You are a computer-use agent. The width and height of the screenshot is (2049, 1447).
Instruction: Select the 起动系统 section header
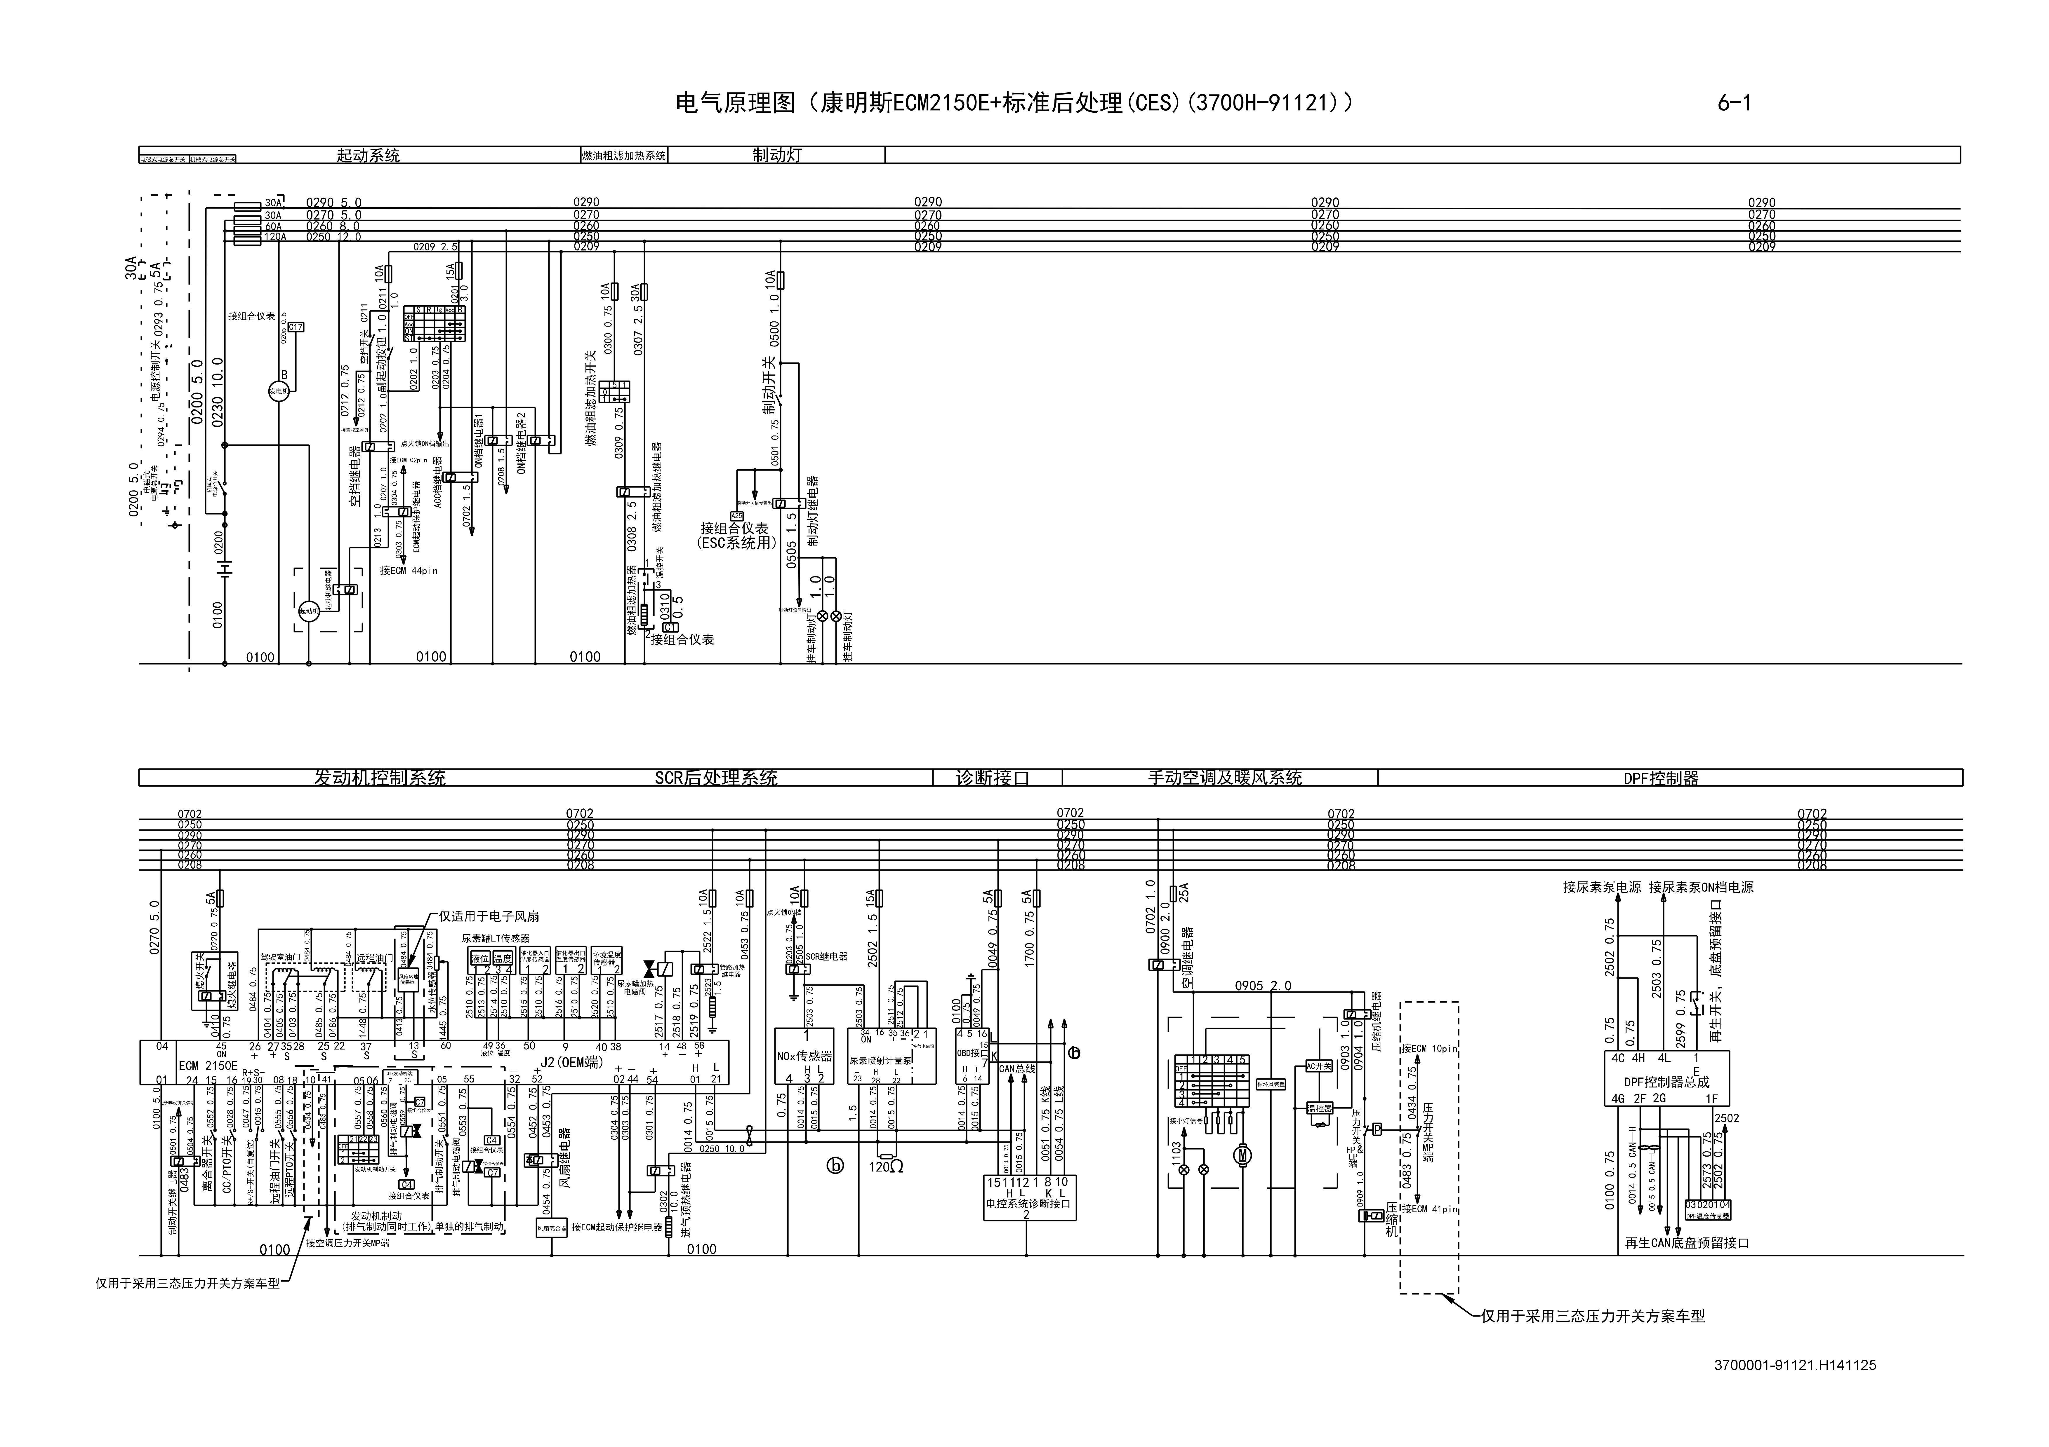(368, 155)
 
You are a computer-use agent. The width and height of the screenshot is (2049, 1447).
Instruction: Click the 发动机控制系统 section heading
(379, 778)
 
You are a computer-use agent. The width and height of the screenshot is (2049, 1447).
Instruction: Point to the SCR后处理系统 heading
(716, 778)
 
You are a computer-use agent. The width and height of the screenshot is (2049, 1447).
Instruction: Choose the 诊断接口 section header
(992, 778)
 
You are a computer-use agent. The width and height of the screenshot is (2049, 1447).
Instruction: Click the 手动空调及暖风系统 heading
(1224, 778)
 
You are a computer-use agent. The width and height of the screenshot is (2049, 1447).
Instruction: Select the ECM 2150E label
(208, 1065)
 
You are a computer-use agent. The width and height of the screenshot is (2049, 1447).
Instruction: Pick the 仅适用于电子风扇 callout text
(489, 916)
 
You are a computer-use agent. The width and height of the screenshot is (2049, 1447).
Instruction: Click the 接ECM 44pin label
(409, 570)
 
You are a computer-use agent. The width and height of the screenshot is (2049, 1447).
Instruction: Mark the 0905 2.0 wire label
(1263, 986)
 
